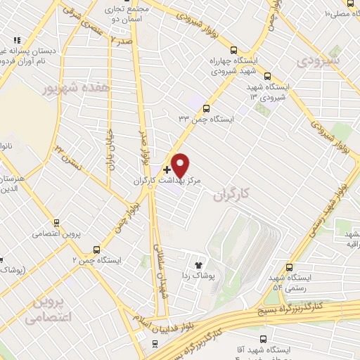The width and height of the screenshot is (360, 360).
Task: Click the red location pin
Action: [181, 165]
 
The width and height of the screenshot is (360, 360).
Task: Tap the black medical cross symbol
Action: [167, 169]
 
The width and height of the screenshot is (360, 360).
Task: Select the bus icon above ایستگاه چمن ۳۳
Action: [205, 108]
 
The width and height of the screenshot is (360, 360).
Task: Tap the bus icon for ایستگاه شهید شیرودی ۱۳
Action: [266, 76]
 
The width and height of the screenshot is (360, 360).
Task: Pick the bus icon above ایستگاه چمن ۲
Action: [96, 249]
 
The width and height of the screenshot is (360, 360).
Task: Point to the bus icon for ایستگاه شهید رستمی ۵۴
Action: [290, 266]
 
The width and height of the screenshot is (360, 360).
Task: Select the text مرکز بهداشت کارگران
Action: [168, 181]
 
